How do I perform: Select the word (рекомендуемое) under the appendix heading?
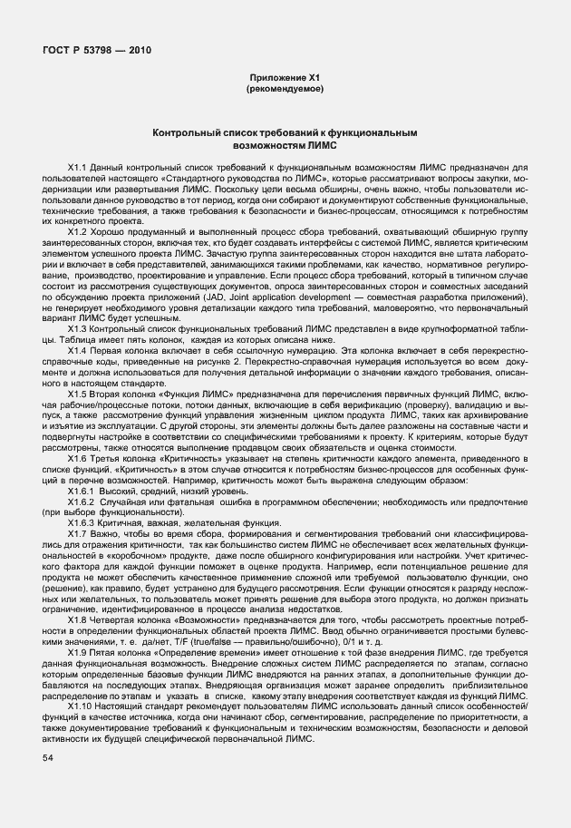pyautogui.click(x=285, y=91)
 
